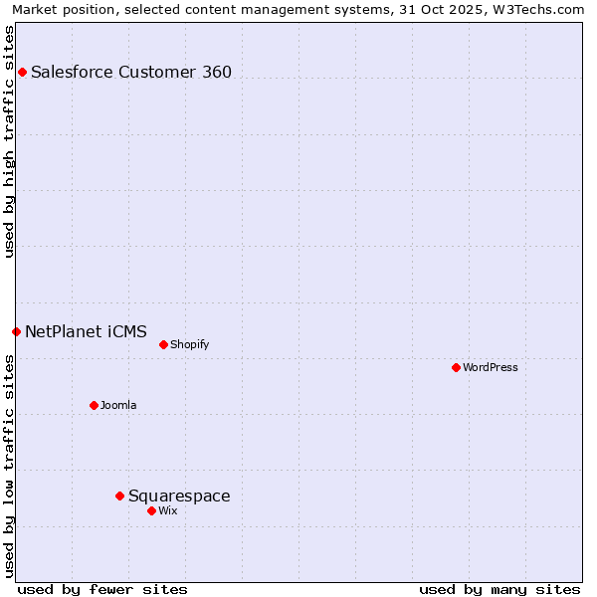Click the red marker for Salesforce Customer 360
(22, 72)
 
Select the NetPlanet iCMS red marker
(16, 331)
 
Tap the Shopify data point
(163, 344)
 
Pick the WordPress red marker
(456, 367)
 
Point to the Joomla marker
(94, 405)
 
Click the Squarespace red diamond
(119, 496)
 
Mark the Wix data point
(151, 510)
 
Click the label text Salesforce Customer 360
(131, 72)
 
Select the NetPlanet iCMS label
(86, 331)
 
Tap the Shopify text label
(189, 344)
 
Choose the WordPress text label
(491, 367)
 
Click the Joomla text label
(118, 405)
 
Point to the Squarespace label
(179, 496)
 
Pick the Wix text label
(168, 510)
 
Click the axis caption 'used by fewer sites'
(102, 589)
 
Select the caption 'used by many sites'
(499, 589)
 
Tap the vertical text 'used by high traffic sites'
(9, 141)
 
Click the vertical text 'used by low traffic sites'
(9, 466)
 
